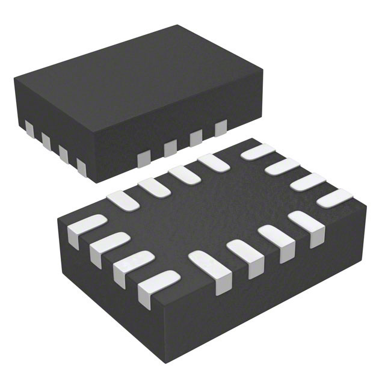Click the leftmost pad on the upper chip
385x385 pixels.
pos(29,128)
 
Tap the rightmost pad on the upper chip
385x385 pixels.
pos(221,127)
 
